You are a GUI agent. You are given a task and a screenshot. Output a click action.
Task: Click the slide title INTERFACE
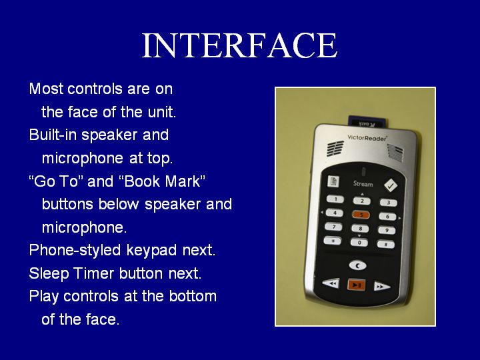[x=240, y=45]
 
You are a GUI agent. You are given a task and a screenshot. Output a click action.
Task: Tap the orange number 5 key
[x=361, y=215]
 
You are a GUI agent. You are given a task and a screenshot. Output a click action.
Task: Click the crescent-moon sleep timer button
[x=357, y=265]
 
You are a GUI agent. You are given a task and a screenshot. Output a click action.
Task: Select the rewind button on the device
[x=331, y=283]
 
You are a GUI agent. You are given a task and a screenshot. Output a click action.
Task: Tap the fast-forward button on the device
[x=382, y=287]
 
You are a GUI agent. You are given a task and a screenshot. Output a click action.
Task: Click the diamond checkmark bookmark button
[x=391, y=185]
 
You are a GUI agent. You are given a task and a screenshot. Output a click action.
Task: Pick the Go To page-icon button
[x=333, y=181]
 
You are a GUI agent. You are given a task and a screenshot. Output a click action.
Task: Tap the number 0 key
[x=359, y=243]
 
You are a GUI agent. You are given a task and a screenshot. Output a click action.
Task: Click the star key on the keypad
[x=333, y=241]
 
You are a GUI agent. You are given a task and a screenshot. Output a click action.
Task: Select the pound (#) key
[x=386, y=244]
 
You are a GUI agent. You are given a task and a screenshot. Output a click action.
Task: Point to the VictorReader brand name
[x=367, y=138]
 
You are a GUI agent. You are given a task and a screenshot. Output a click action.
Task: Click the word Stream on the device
[x=363, y=184]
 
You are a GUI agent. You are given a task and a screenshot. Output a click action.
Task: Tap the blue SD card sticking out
[x=368, y=122]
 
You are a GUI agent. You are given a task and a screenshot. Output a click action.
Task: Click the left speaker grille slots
[x=335, y=149]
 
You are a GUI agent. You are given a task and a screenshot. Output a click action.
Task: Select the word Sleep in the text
[x=49, y=273]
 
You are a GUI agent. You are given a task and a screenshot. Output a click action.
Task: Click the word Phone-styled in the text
[x=75, y=251]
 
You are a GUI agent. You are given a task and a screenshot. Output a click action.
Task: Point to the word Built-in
[x=53, y=135]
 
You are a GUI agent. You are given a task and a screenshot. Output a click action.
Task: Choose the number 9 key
[x=387, y=230]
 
